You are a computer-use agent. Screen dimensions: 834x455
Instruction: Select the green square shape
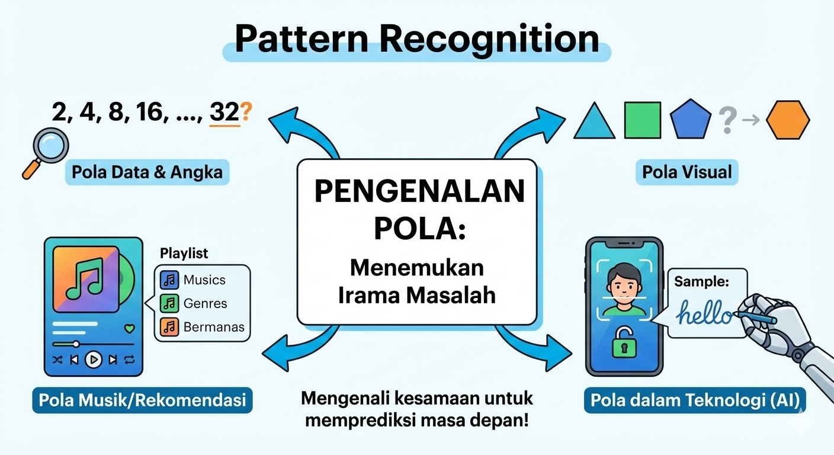pyautogui.click(x=643, y=120)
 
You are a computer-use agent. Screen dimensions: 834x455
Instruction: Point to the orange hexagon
pyautogui.click(x=788, y=120)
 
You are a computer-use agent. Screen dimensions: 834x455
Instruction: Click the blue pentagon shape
pyautogui.click(x=691, y=120)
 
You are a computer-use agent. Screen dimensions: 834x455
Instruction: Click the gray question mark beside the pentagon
pyautogui.click(x=727, y=120)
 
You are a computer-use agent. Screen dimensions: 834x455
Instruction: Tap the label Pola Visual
pyautogui.click(x=687, y=172)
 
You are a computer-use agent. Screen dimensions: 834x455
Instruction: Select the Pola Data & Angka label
pyautogui.click(x=147, y=172)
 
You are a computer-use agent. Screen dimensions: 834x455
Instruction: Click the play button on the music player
pyautogui.click(x=94, y=360)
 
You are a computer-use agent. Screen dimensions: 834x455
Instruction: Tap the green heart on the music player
pyautogui.click(x=129, y=328)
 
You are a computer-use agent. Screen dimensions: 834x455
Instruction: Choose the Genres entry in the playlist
pyautogui.click(x=205, y=303)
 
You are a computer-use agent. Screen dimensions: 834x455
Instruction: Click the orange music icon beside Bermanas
pyautogui.click(x=169, y=326)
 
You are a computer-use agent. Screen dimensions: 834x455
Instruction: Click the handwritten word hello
pyautogui.click(x=705, y=313)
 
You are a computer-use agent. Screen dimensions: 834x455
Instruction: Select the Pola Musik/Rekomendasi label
pyautogui.click(x=142, y=400)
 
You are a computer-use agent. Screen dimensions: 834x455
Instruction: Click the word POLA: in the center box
pyautogui.click(x=419, y=228)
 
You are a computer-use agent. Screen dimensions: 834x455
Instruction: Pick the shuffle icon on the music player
pyautogui.click(x=57, y=360)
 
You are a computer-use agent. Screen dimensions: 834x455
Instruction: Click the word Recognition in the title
pyautogui.click(x=489, y=40)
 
